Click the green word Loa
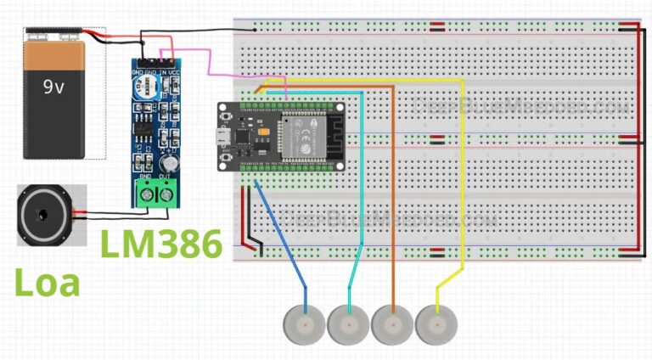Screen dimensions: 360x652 click(48, 282)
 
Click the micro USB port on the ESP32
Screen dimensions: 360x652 click(225, 136)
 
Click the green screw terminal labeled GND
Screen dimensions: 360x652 click(148, 194)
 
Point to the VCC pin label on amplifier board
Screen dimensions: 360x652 click(174, 73)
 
